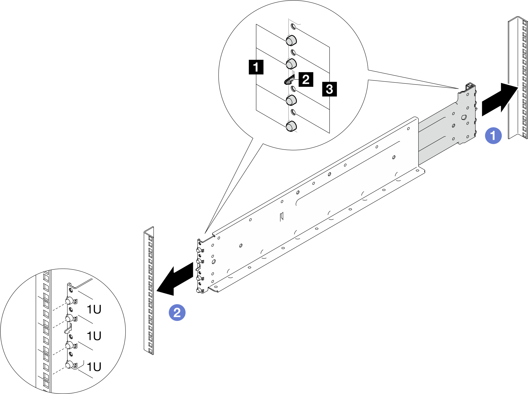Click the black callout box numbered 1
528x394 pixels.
(256, 67)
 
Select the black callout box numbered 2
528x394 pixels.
(306, 79)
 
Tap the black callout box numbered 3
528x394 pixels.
(329, 89)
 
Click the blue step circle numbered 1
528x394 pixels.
(493, 136)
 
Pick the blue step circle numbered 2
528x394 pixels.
(177, 313)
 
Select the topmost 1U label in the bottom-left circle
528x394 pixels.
(94, 309)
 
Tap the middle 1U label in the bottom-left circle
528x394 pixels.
(94, 336)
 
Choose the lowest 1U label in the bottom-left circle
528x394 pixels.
(94, 367)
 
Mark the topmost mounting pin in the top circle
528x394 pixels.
(291, 40)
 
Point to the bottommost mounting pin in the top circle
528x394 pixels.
(291, 126)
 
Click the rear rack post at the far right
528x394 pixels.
(518, 78)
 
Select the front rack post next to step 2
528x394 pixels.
(149, 290)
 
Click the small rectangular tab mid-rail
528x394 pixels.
(281, 216)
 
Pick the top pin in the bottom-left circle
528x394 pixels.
(69, 301)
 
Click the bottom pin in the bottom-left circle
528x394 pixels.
(69, 365)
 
